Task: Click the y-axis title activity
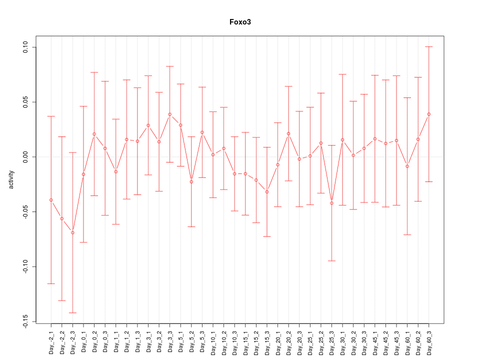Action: (x=11, y=180)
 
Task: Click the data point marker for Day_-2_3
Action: (x=72, y=232)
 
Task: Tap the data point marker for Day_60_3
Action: (x=429, y=114)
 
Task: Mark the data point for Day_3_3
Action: (x=170, y=114)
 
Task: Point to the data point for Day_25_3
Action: (x=331, y=203)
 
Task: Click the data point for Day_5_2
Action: (x=191, y=181)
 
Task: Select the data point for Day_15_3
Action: (x=267, y=192)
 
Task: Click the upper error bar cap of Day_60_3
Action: (x=429, y=46)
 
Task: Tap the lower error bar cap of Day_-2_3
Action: (x=72, y=312)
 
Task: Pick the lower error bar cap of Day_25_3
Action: (x=331, y=260)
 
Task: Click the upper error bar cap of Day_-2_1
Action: (x=51, y=116)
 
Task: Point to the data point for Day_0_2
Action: (x=94, y=134)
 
